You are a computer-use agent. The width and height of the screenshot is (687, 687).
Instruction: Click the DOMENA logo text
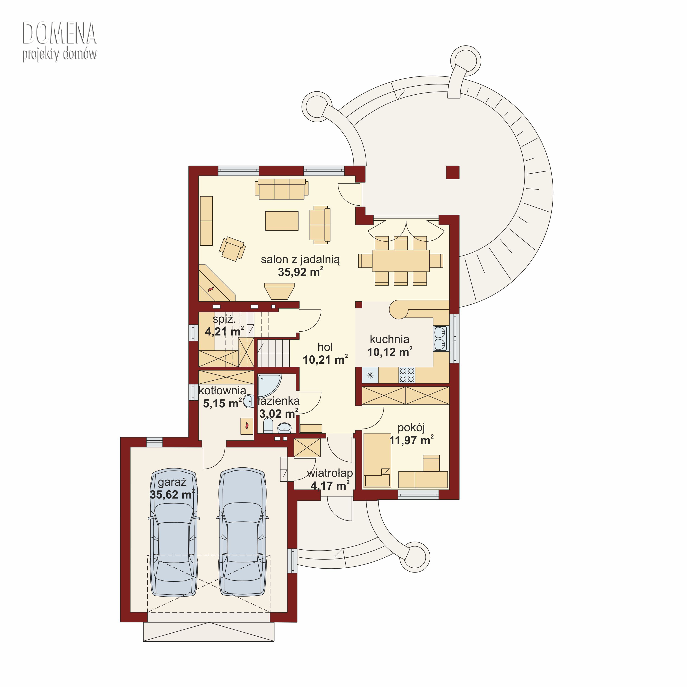(x=59, y=33)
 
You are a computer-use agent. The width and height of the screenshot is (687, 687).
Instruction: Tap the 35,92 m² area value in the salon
(x=300, y=272)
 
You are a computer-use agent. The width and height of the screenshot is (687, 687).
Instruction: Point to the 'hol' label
(x=325, y=347)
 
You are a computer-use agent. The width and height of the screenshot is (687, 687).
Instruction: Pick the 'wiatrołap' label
(x=330, y=473)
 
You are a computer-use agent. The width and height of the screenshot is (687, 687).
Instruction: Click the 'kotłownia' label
(x=222, y=390)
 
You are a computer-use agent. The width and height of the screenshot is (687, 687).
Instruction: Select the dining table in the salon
(x=401, y=261)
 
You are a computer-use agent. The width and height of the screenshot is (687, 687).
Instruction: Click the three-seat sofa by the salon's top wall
(x=282, y=189)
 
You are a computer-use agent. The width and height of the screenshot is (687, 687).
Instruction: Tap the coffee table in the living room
(x=282, y=221)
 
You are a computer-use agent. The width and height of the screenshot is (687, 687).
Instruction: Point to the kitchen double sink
(x=440, y=338)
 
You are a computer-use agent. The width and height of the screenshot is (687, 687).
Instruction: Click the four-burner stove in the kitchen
(x=406, y=375)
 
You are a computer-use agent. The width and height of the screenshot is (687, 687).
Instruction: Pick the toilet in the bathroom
(x=268, y=425)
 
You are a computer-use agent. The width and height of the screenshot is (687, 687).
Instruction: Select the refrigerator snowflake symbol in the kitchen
(x=370, y=375)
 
